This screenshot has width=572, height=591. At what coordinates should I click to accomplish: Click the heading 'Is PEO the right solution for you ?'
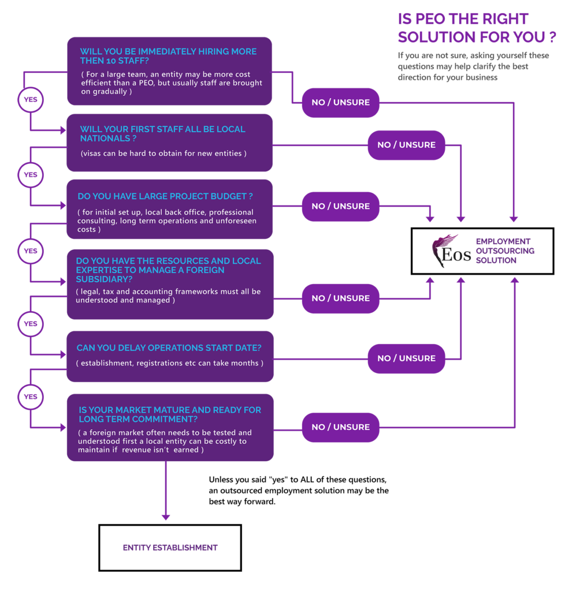pyautogui.click(x=477, y=28)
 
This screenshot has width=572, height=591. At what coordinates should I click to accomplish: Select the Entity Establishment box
pyautogui.click(x=170, y=547)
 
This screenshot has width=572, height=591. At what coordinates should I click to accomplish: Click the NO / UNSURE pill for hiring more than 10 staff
pyautogui.click(x=340, y=102)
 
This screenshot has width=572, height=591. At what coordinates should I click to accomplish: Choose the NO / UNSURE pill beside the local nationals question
pyautogui.click(x=406, y=145)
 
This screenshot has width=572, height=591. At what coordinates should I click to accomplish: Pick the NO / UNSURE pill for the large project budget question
pyautogui.click(x=340, y=206)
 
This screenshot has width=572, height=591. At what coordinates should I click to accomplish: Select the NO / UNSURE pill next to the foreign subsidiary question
pyautogui.click(x=340, y=298)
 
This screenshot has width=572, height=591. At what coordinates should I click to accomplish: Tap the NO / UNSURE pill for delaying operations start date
pyautogui.click(x=406, y=358)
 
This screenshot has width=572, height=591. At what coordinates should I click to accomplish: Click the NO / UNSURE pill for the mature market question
pyautogui.click(x=340, y=427)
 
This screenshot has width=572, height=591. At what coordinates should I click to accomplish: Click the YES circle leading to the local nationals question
pyautogui.click(x=30, y=99)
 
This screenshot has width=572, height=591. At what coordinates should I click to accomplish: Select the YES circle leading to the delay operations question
pyautogui.click(x=30, y=324)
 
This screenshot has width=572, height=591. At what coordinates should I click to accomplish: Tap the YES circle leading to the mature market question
pyautogui.click(x=30, y=397)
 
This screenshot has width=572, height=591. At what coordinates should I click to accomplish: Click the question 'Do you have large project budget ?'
pyautogui.click(x=165, y=196)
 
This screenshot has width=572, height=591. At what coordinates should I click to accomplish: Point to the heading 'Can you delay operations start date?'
pyautogui.click(x=169, y=348)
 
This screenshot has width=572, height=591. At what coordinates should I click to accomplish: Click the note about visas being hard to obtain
pyautogui.click(x=164, y=154)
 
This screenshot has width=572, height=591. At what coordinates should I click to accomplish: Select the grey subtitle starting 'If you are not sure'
pyautogui.click(x=473, y=66)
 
